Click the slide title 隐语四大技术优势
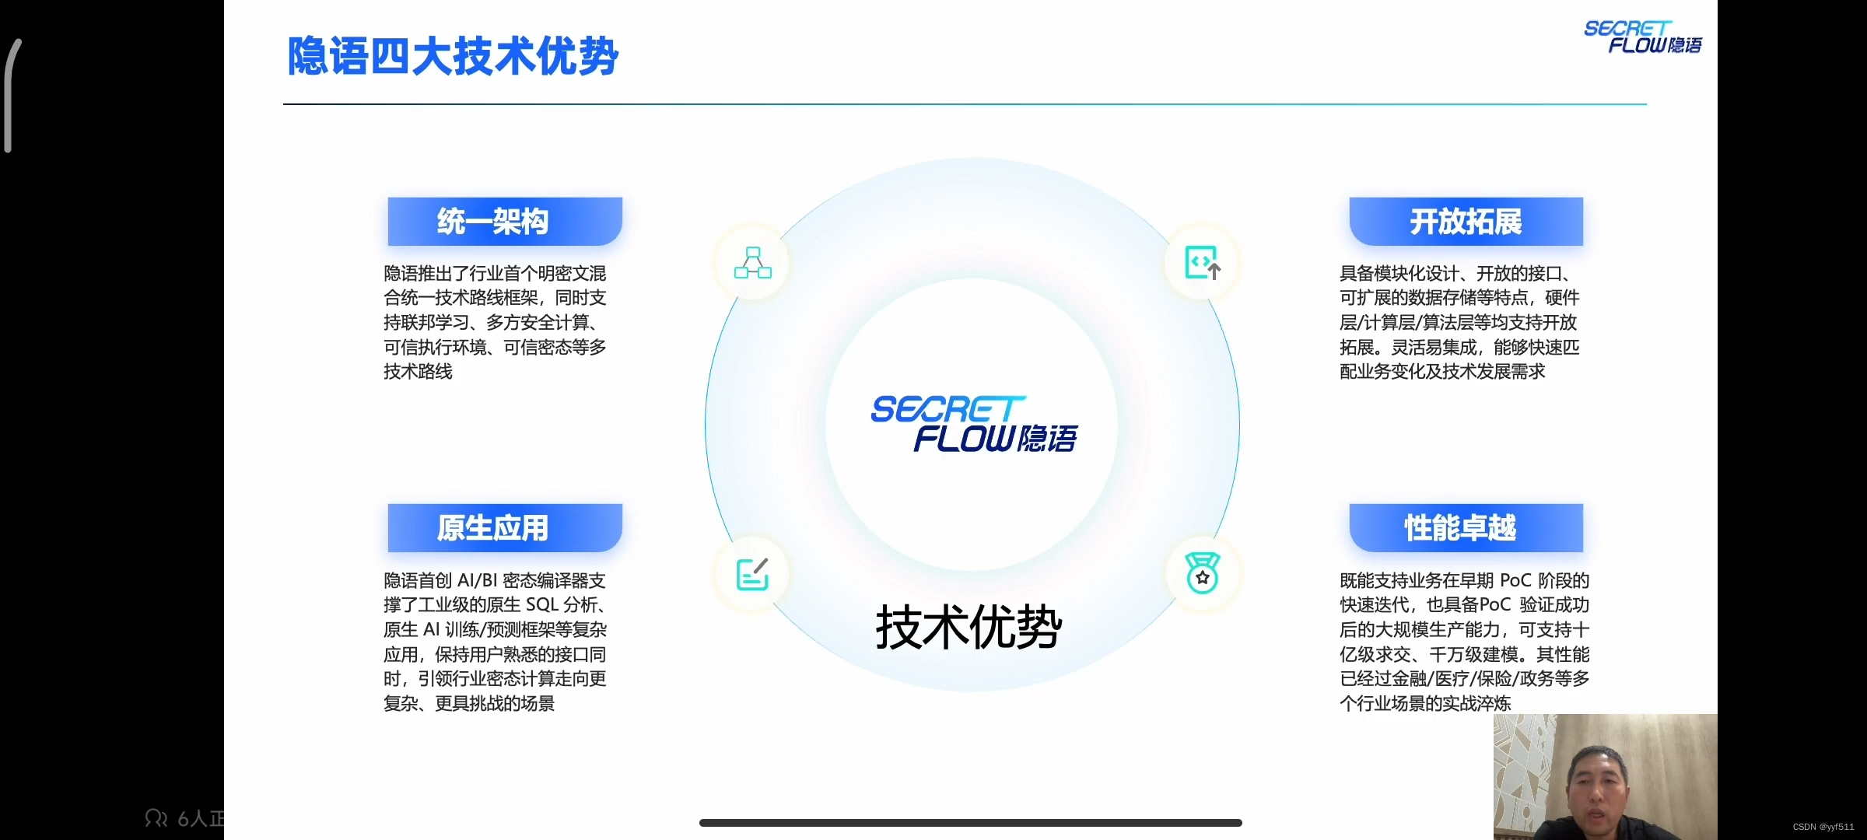pos(453,57)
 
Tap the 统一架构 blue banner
pos(504,222)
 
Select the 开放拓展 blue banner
pos(1466,222)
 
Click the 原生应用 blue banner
pos(504,528)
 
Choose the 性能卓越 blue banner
pos(1466,528)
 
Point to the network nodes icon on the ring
pos(752,263)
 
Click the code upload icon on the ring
pos(1202,263)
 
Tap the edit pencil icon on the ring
pos(752,574)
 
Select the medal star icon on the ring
pos(1202,574)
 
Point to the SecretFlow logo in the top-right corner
pos(1641,37)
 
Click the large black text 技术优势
pos(969,627)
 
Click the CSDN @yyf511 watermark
pos(1823,827)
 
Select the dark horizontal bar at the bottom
pos(970,822)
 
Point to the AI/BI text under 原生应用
pos(477,581)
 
